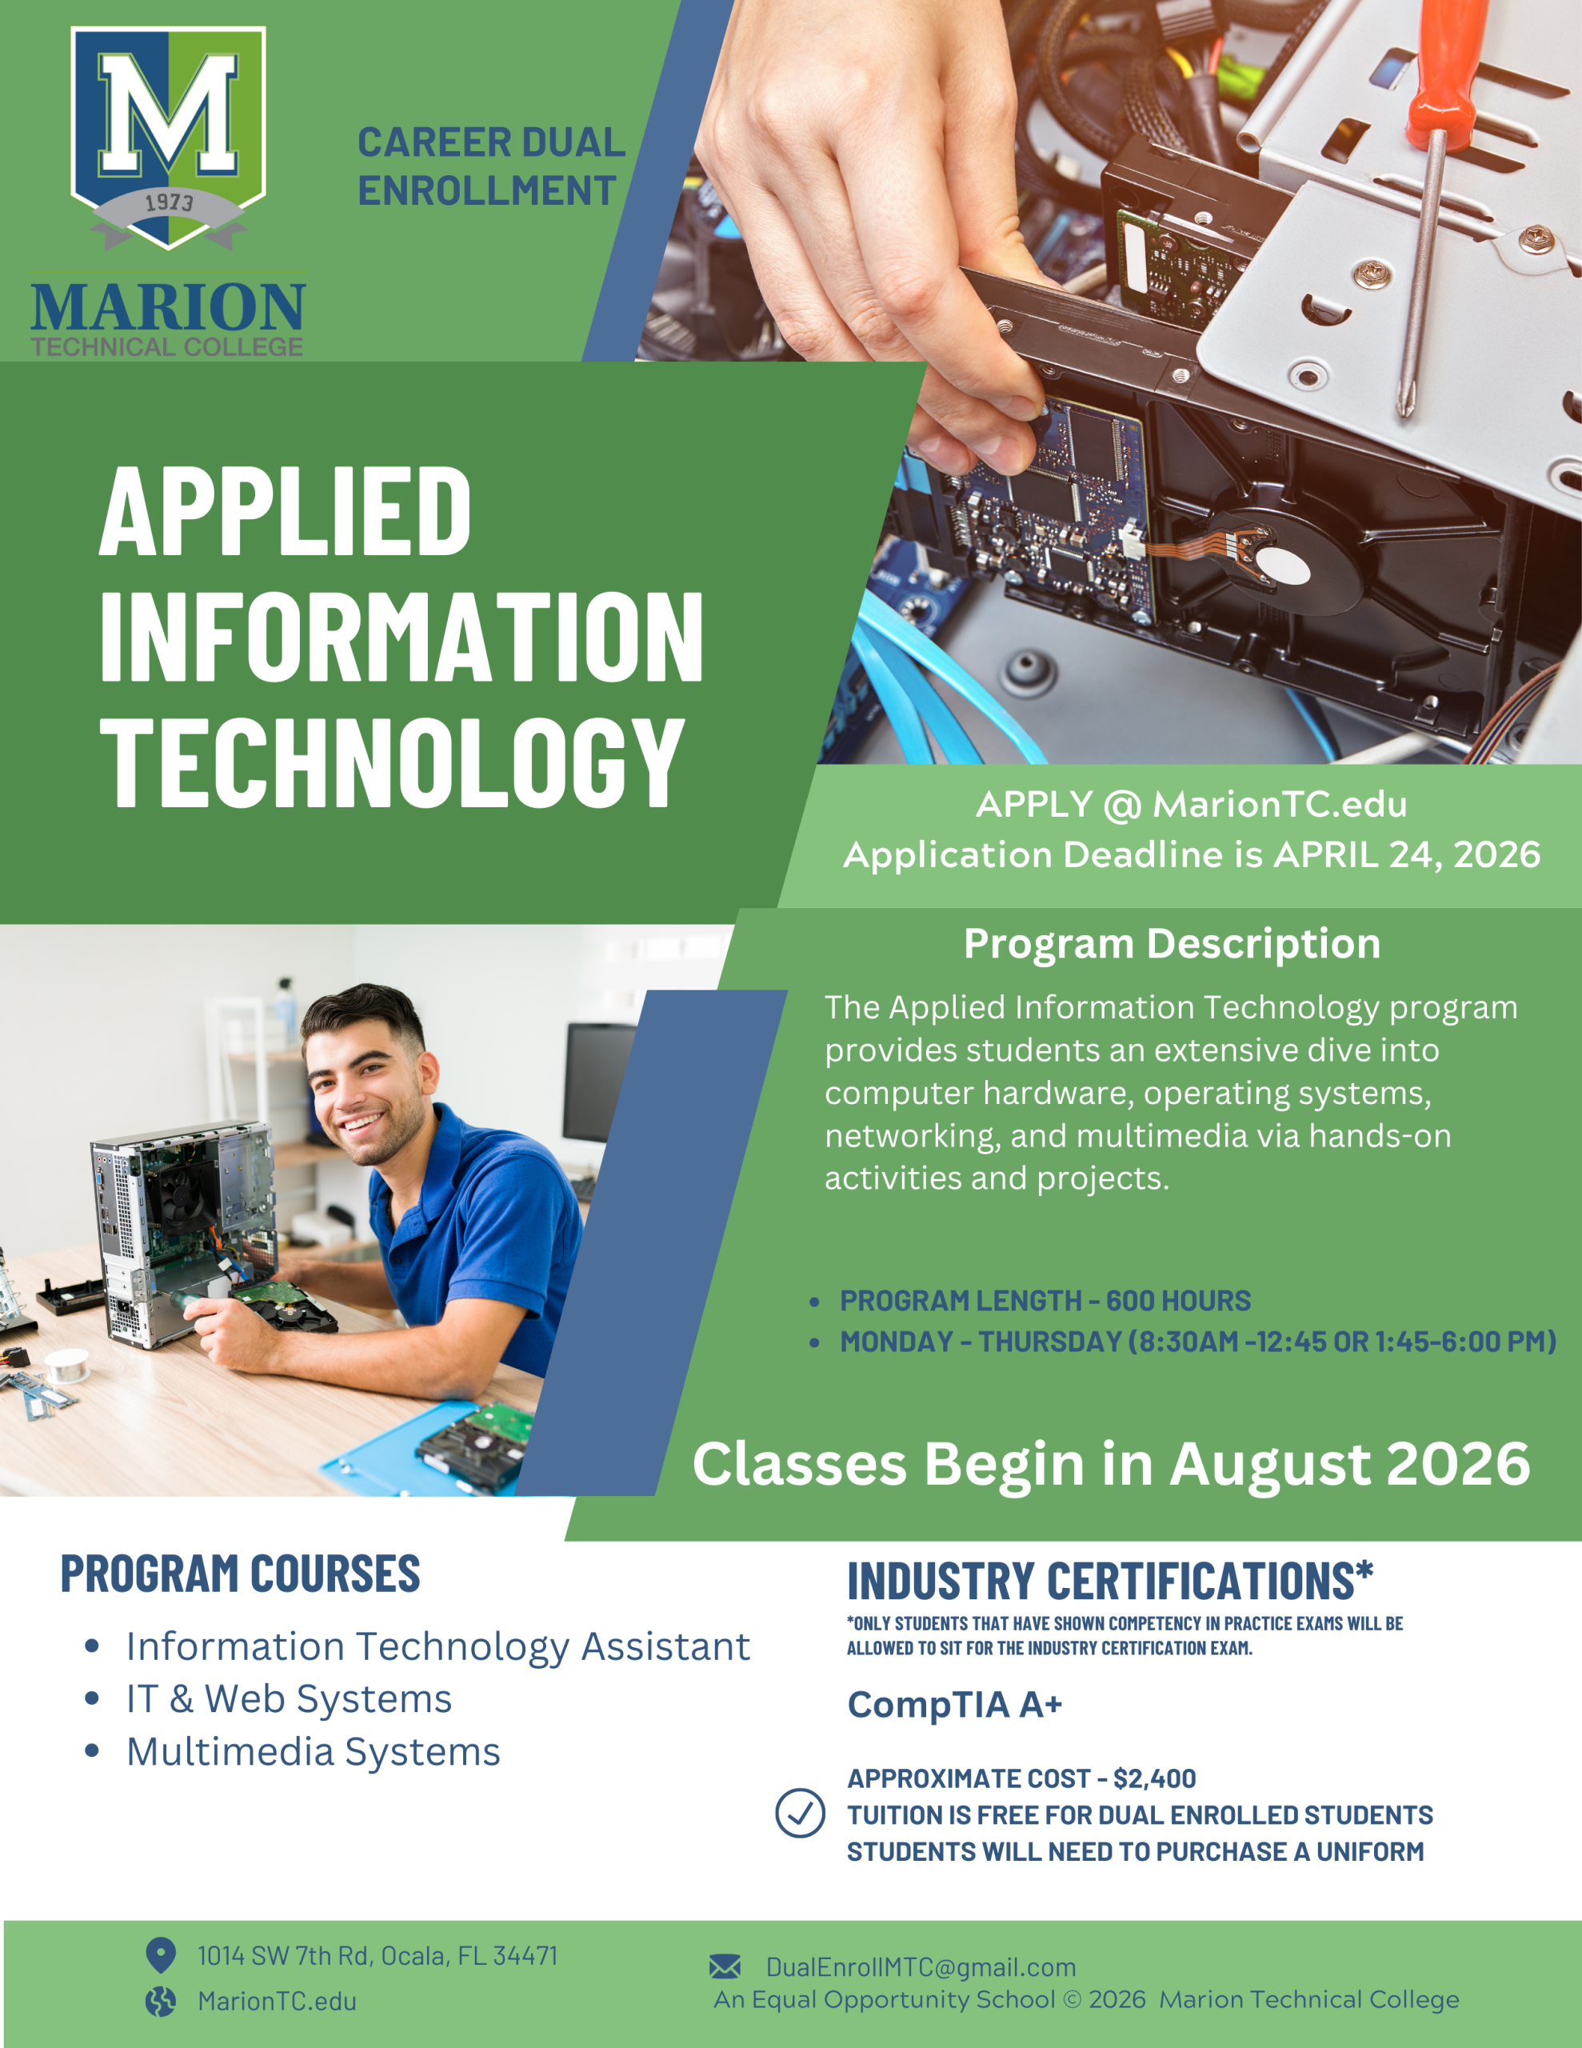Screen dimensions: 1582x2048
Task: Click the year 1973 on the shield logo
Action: click(169, 202)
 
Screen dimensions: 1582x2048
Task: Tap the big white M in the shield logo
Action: click(169, 114)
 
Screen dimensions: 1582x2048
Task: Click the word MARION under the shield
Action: click(168, 307)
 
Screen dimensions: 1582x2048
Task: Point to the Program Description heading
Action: click(1173, 944)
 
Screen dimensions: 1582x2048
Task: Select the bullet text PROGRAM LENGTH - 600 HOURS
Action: click(1045, 1301)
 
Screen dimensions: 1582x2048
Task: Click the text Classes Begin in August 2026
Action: click(1111, 1464)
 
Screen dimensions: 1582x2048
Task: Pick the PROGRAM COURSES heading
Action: click(240, 1574)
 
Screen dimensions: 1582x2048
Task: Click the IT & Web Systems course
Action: click(289, 1698)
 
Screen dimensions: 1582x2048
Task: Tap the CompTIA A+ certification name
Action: click(955, 1704)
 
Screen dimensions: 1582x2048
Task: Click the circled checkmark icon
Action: click(800, 1813)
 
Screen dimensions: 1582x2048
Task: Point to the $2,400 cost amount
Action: click(1154, 1778)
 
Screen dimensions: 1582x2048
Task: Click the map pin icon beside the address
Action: click(162, 1955)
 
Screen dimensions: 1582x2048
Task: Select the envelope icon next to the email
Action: click(725, 1966)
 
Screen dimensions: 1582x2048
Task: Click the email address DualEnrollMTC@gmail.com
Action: click(921, 1966)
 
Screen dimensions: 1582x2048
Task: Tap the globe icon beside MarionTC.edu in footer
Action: click(160, 2001)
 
